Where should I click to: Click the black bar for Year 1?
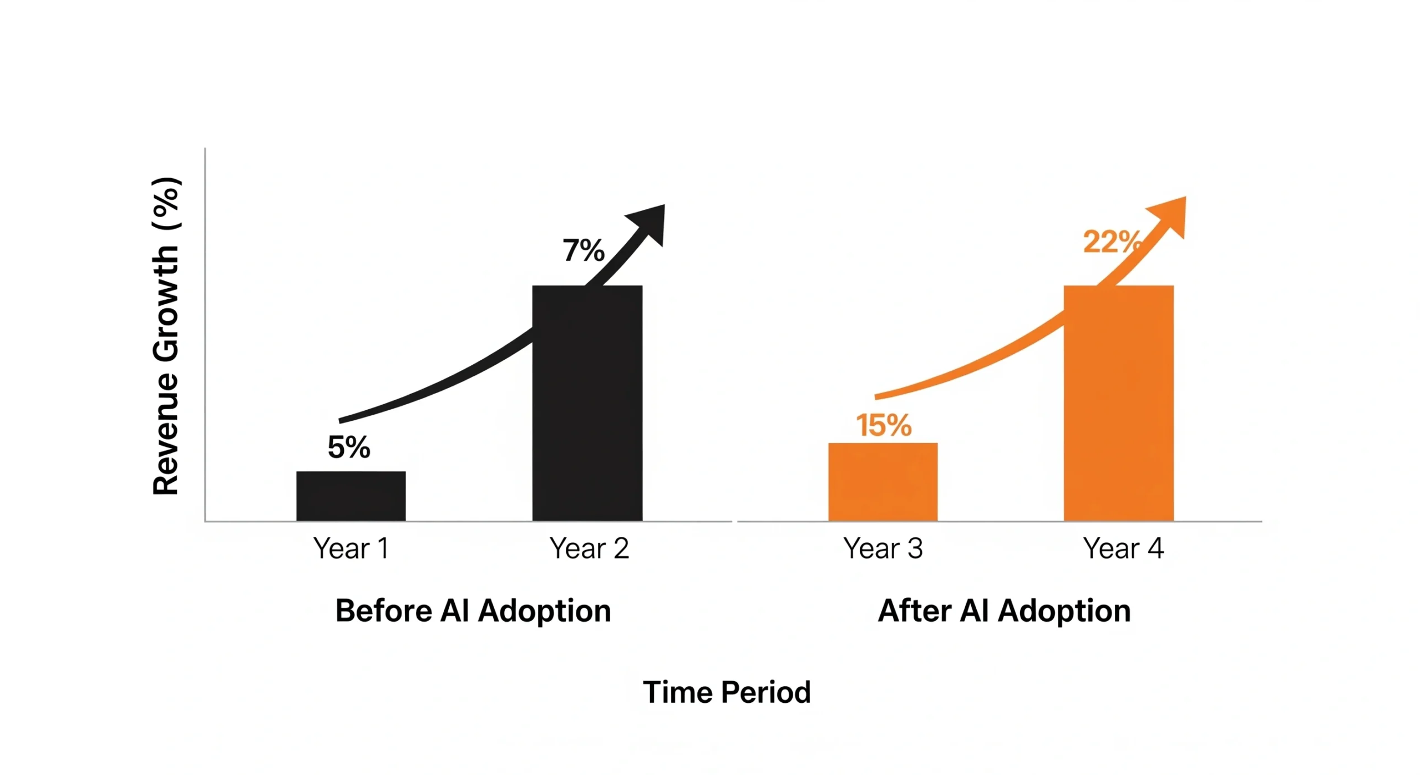(x=351, y=496)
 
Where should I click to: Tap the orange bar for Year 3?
(x=883, y=481)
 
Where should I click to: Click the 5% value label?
(x=348, y=447)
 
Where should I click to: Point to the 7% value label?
(x=583, y=250)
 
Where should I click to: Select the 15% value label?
(x=883, y=426)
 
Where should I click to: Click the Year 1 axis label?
(x=351, y=548)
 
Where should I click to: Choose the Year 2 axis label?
(x=589, y=548)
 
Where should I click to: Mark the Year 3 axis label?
(x=883, y=548)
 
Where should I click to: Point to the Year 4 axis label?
(x=1123, y=548)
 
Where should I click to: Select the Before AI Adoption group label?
(x=473, y=611)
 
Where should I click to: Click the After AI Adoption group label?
(x=1004, y=611)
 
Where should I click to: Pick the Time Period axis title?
(x=727, y=692)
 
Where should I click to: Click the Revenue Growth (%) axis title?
(x=165, y=336)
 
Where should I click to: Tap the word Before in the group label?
(x=383, y=611)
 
